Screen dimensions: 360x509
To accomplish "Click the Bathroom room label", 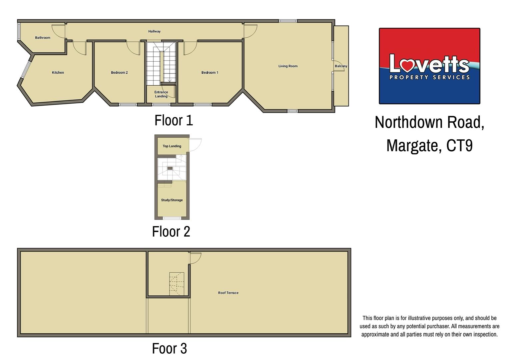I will (43, 38).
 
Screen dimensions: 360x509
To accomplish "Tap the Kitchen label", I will (58, 73).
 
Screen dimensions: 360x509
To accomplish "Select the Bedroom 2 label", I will (119, 73).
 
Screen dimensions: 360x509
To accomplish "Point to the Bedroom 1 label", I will (210, 73).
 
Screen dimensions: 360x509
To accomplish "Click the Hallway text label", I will (154, 31).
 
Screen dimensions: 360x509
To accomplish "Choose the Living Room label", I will (288, 66).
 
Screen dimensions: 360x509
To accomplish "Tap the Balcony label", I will (341, 66).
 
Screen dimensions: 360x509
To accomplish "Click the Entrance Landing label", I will (161, 94).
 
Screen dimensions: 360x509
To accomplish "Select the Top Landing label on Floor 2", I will (172, 146).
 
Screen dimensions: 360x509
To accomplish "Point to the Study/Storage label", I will (172, 200).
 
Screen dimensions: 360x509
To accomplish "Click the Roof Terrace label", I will (228, 293).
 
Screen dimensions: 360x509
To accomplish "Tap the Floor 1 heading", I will (174, 120).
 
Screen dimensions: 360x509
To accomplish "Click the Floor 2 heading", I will (171, 232).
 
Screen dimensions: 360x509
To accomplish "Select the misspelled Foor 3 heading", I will (169, 349).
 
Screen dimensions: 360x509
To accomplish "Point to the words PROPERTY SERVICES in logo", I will (429, 77).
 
